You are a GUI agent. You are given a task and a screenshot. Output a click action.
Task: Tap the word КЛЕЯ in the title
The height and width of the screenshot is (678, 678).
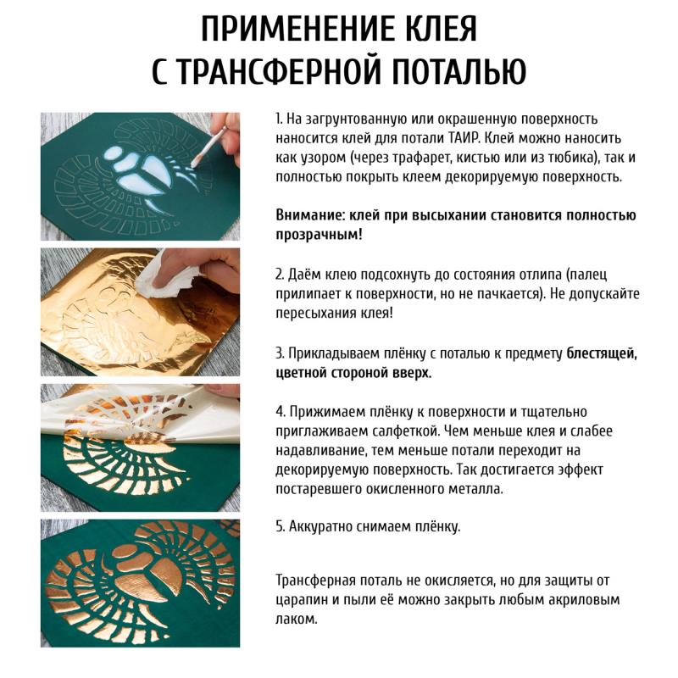pyautogui.click(x=438, y=29)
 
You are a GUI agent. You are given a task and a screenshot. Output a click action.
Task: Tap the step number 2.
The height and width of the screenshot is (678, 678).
pyautogui.click(x=280, y=275)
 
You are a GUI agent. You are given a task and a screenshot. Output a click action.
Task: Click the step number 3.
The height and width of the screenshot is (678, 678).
pyautogui.click(x=280, y=353)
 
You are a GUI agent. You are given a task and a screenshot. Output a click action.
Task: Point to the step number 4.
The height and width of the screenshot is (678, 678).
pyautogui.click(x=281, y=412)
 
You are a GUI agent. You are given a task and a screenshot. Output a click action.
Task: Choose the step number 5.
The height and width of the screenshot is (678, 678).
pyautogui.click(x=280, y=526)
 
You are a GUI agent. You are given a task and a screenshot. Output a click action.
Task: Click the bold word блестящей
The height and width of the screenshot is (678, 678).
pyautogui.click(x=602, y=354)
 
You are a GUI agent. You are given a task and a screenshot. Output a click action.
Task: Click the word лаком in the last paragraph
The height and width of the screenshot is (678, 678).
pyautogui.click(x=296, y=620)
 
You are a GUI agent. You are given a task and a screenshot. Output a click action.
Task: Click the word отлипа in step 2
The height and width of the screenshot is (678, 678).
pyautogui.click(x=536, y=275)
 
